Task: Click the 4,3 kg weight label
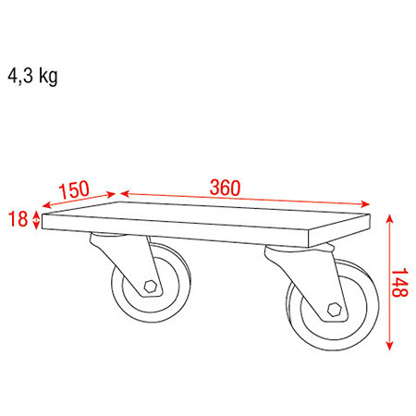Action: pos(32,76)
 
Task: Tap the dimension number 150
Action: pos(74,190)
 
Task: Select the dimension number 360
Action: pos(225,188)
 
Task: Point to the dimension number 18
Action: pos(18,219)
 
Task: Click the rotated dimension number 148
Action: pos(399,282)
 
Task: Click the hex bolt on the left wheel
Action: pos(150,287)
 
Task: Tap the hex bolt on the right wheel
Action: pos(334,310)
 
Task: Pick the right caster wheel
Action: pos(333,305)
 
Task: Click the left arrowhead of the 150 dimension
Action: pos(46,205)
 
